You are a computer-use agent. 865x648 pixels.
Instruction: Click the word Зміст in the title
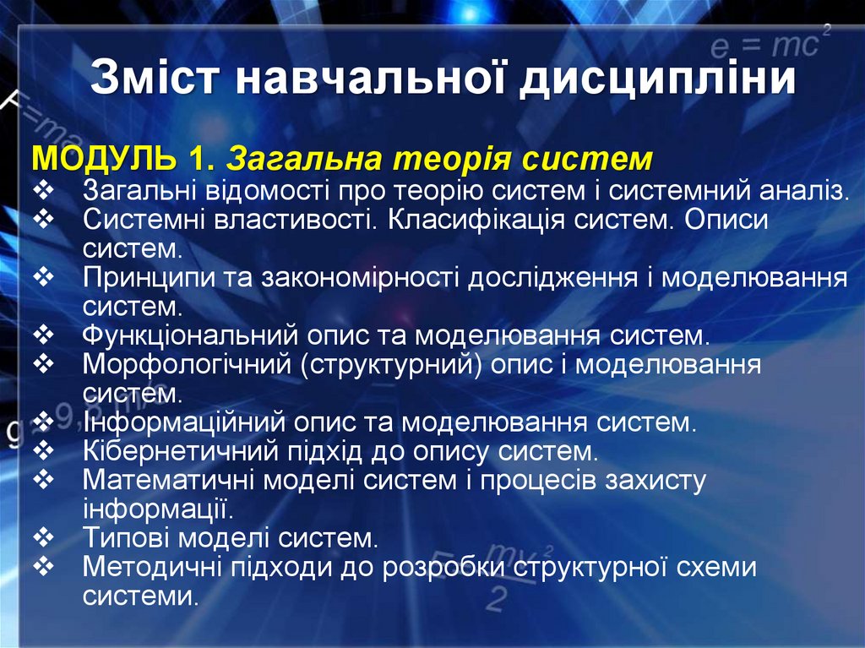[x=155, y=78]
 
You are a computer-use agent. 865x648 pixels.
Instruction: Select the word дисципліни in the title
[x=656, y=79]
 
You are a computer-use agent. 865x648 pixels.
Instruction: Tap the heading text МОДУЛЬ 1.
[x=125, y=159]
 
